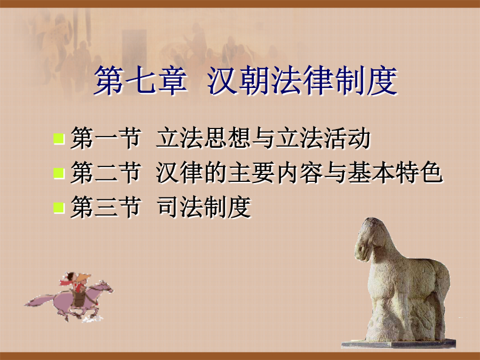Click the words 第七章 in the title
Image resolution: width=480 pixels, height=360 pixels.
point(140,81)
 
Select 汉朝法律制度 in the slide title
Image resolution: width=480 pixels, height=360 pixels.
point(302,81)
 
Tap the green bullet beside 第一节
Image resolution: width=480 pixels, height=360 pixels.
point(59,139)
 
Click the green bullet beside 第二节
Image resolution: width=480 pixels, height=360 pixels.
point(59,173)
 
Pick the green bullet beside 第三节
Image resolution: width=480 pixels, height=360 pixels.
point(59,207)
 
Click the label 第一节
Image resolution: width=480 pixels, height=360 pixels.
point(106,138)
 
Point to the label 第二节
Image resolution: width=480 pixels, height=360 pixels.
point(106,173)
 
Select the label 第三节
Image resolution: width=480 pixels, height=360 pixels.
point(106,207)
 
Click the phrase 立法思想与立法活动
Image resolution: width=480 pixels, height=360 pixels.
point(263,138)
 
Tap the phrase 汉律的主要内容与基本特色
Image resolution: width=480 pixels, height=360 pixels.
point(299,173)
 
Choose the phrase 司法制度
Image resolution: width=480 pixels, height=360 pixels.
point(204,207)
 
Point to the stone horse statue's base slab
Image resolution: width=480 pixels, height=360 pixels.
point(398,343)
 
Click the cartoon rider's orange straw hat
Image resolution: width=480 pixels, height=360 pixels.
point(83,278)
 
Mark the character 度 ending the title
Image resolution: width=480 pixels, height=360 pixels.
point(382,81)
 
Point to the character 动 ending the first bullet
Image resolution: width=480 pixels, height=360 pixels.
point(359,138)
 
